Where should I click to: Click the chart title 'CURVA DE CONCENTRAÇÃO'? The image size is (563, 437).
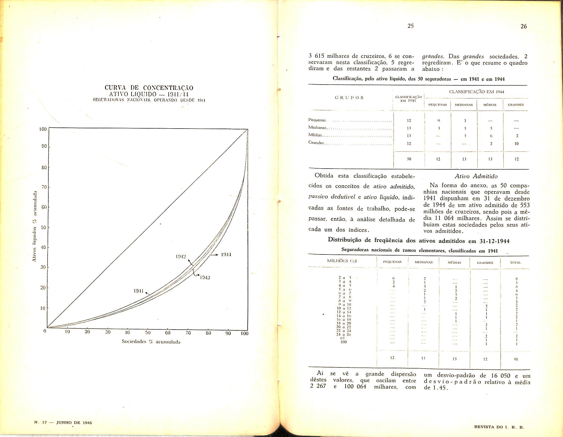point(149,88)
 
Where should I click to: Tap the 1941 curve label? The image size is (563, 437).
point(139,291)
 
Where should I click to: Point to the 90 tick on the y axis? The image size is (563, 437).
point(44,147)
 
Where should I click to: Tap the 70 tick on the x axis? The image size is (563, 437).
point(188,333)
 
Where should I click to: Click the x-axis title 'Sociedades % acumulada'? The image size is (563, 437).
point(151,342)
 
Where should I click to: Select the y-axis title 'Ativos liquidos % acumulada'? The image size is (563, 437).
point(34,227)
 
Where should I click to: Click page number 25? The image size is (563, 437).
point(410,26)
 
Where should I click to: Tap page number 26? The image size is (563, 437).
point(524,26)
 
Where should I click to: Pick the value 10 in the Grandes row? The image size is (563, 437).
point(516,144)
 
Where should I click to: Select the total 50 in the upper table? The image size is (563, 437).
point(409,159)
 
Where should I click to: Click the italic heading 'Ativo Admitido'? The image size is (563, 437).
point(476,176)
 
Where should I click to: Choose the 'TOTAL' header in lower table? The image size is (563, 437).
point(515,263)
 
